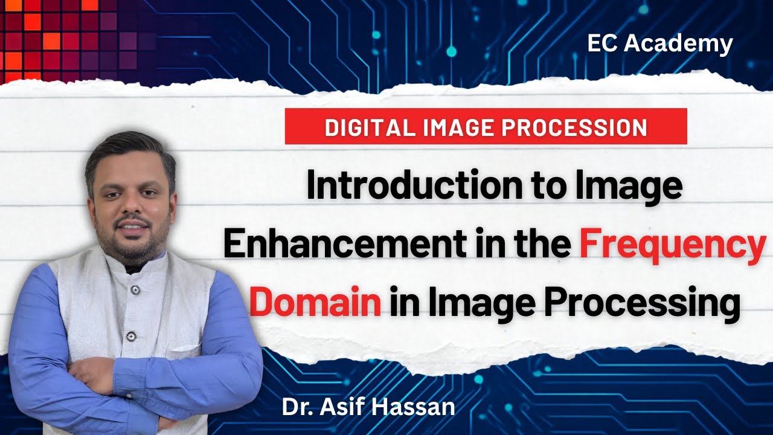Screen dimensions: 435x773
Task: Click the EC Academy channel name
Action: click(x=660, y=43)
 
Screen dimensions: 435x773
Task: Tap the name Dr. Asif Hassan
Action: click(x=368, y=407)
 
